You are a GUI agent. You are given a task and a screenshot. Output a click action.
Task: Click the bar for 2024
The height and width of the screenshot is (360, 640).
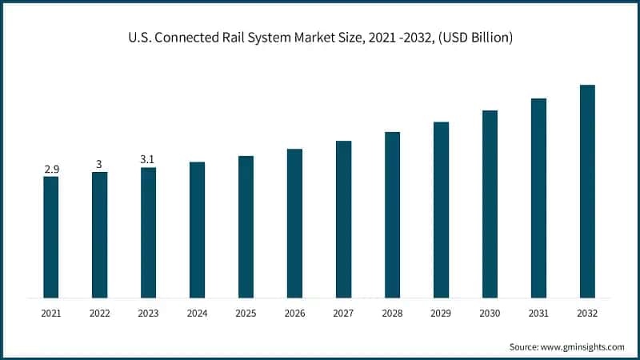197,230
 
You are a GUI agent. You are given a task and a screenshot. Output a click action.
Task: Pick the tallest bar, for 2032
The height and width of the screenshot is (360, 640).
587,192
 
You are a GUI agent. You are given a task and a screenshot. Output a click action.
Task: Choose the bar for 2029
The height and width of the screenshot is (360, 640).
441,210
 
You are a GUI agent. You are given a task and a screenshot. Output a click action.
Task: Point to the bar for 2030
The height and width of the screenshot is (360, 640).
490,205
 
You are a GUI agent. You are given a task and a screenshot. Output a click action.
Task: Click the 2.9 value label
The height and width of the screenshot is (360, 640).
50,170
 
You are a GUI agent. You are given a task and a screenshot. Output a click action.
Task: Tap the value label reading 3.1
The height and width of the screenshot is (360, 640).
148,160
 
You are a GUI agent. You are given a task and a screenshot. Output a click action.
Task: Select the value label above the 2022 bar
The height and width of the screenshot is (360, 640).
99,165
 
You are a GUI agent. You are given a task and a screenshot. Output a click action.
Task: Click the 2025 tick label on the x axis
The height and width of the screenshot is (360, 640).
246,314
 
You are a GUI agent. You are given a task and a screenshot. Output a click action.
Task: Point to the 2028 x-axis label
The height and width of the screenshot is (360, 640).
392,314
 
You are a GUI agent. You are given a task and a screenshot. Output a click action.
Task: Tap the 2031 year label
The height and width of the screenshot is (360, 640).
538,314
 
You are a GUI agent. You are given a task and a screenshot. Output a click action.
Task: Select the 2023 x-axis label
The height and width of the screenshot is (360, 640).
148,314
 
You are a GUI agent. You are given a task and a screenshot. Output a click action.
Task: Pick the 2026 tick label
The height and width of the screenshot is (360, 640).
294,314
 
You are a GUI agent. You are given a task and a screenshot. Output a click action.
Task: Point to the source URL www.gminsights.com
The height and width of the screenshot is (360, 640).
585,346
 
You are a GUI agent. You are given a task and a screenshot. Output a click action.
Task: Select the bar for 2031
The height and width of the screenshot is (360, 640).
538,198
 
